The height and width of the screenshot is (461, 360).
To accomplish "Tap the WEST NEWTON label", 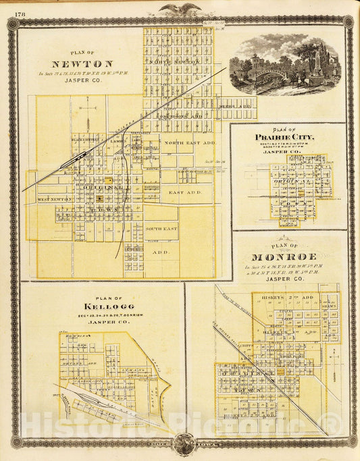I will [53, 200].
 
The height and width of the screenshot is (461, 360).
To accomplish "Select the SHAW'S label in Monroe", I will [330, 307].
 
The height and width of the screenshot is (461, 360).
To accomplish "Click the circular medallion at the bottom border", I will [181, 445].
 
